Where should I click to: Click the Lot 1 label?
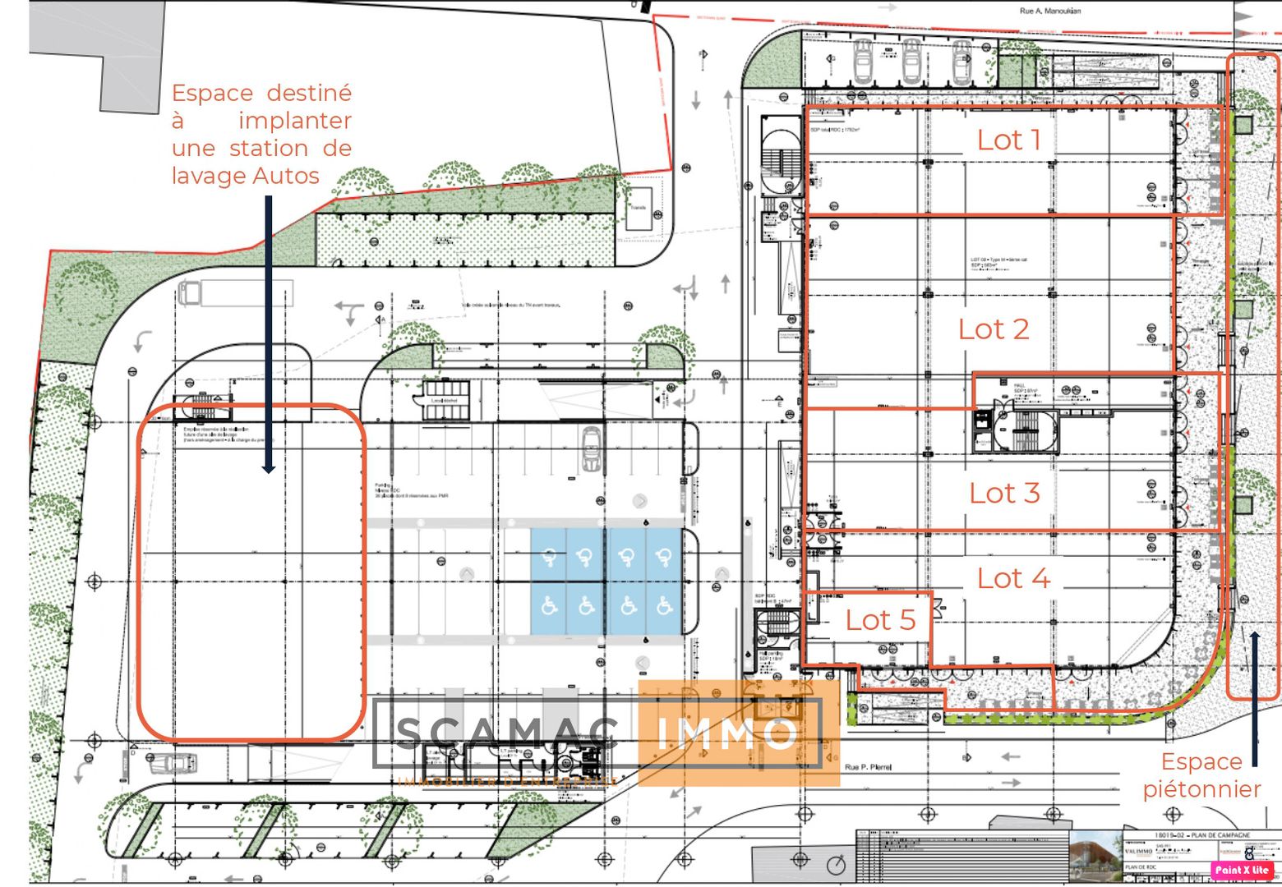(1008, 140)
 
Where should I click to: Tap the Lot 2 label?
(993, 329)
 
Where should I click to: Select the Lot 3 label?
(1003, 493)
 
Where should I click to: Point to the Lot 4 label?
(1012, 578)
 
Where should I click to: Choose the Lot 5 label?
(880, 620)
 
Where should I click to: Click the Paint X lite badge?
(1242, 870)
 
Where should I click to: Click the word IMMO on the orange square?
(727, 733)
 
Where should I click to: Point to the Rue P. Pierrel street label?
(868, 767)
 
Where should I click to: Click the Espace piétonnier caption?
(1201, 775)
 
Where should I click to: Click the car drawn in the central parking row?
(591, 448)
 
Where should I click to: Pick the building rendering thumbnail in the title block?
(1095, 853)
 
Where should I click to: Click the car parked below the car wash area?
(172, 764)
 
